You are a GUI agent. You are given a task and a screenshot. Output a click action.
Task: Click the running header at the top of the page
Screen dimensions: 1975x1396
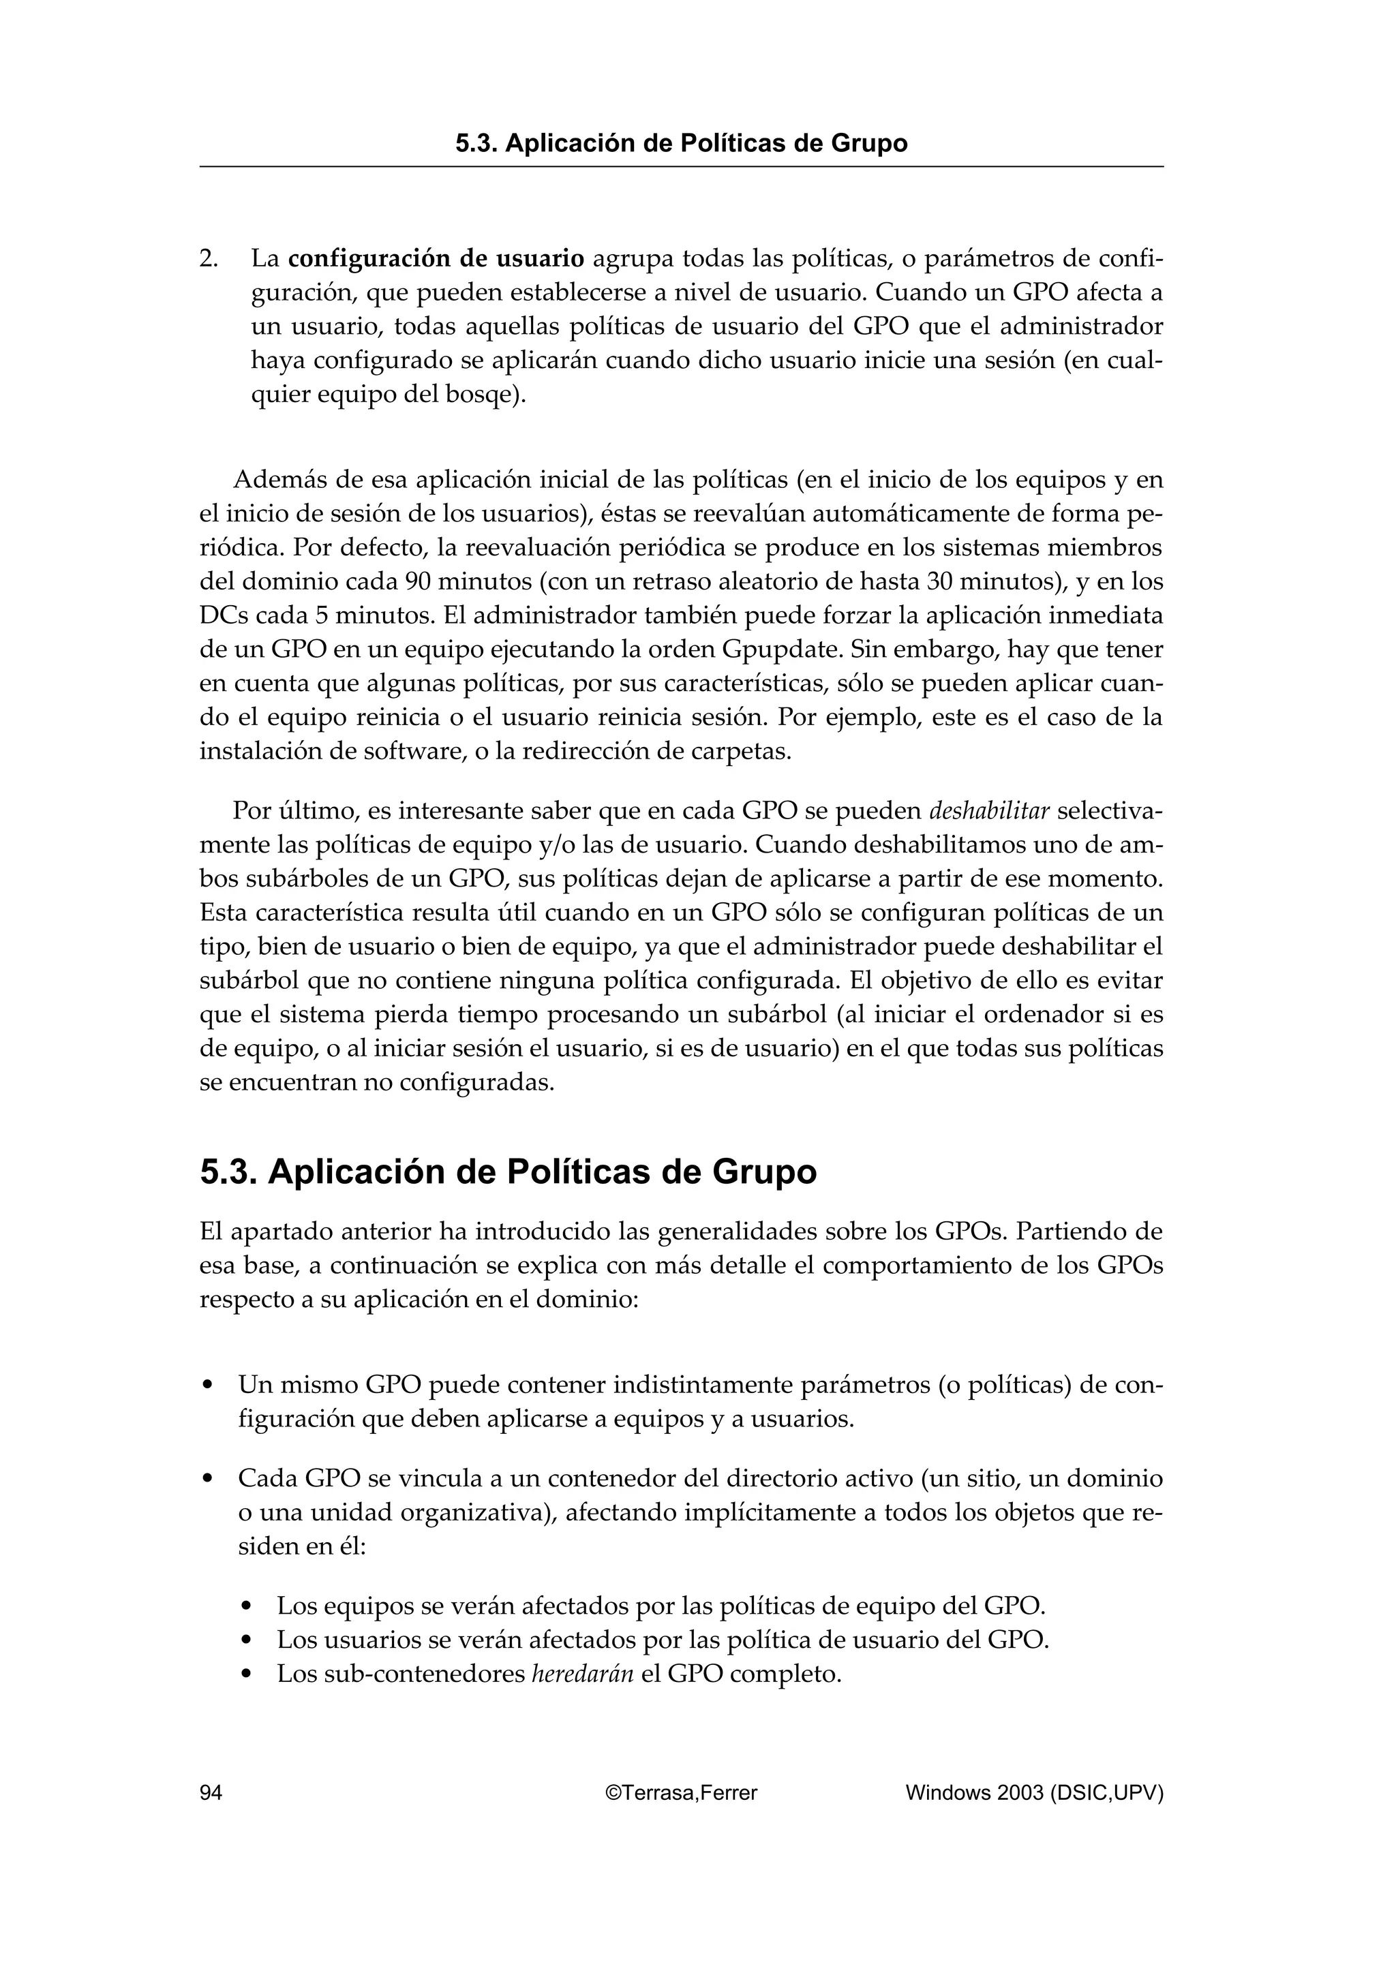tap(681, 143)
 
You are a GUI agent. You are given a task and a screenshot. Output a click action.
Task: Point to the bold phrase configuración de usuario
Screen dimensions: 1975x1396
tap(436, 258)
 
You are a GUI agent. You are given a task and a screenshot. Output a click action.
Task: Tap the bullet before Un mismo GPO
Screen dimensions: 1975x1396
tap(207, 1385)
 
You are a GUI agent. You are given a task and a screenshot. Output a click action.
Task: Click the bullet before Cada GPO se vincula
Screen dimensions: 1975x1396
tap(207, 1480)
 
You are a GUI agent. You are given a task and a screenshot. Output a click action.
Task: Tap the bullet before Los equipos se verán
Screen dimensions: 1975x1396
tap(247, 1607)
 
